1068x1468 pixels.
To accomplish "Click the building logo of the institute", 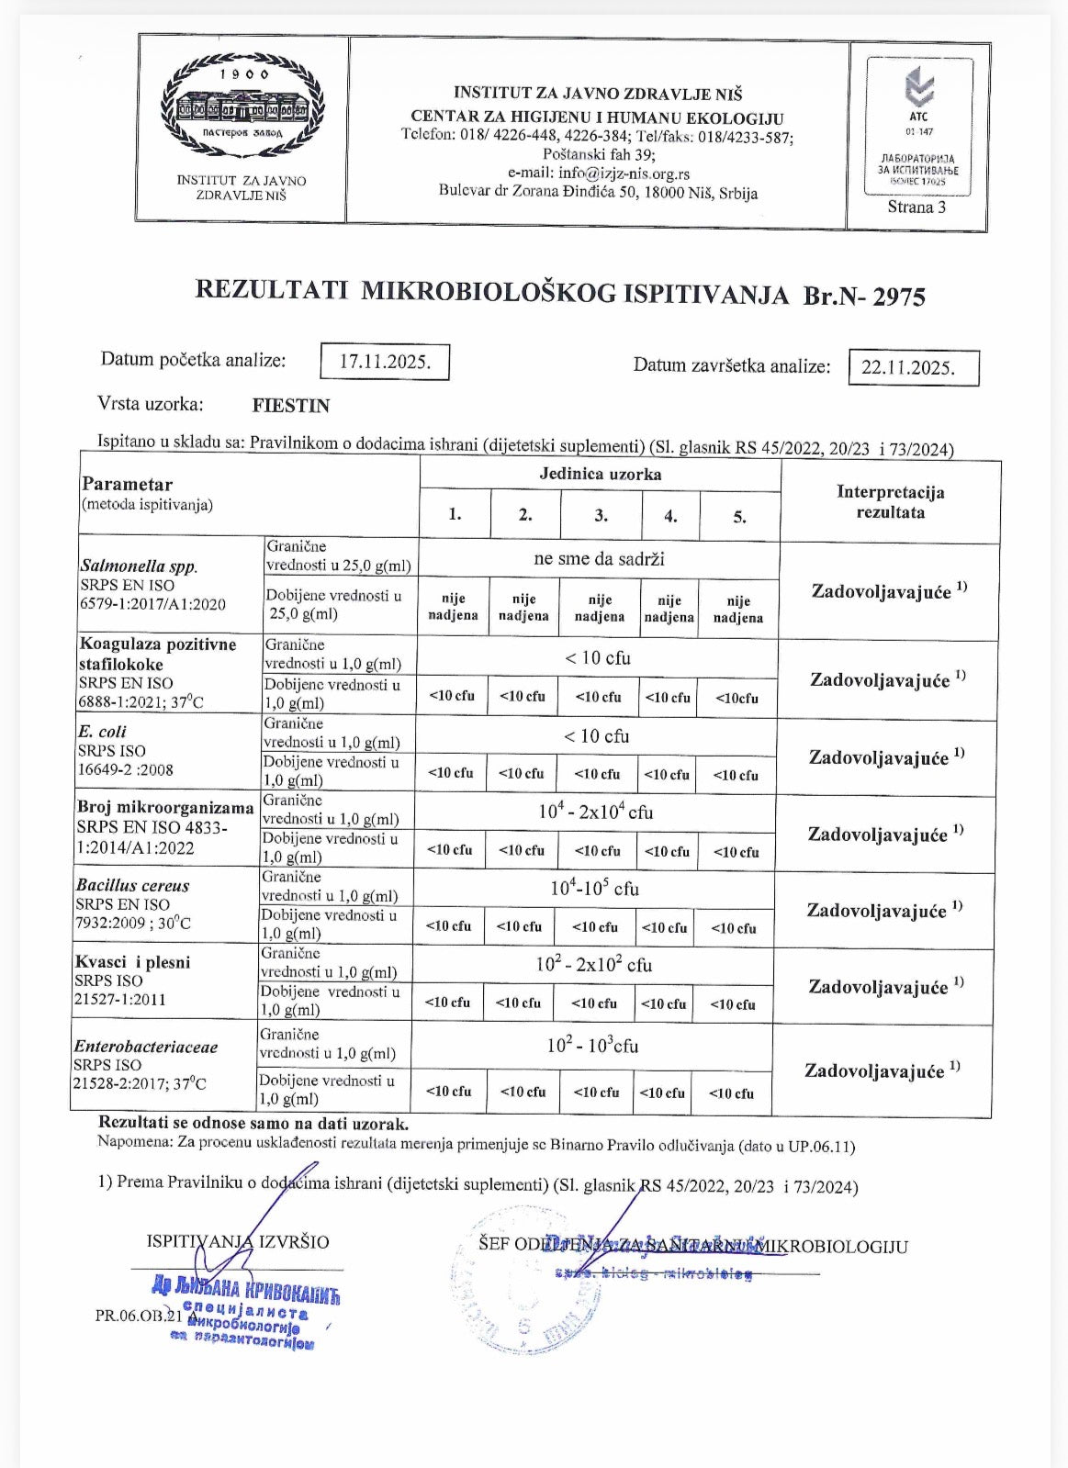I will (x=242, y=104).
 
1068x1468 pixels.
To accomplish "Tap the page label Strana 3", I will (x=916, y=207).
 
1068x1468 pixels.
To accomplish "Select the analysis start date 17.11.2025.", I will (x=385, y=362).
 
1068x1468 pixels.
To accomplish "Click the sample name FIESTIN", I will (x=291, y=406).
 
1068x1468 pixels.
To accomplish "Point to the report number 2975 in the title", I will (x=898, y=297).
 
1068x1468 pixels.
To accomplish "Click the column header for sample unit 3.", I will (x=601, y=515).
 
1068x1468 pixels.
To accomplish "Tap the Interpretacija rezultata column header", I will (x=890, y=502).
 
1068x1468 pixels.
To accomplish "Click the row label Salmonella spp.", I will (x=139, y=566).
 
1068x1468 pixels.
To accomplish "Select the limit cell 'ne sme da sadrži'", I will (x=599, y=558).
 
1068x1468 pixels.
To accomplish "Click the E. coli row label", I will (x=103, y=732).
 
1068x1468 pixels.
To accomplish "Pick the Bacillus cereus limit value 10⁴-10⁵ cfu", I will (x=594, y=889).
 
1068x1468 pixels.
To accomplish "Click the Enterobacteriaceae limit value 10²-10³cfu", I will (x=592, y=1046).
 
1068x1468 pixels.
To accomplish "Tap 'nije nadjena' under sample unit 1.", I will (x=453, y=608).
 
